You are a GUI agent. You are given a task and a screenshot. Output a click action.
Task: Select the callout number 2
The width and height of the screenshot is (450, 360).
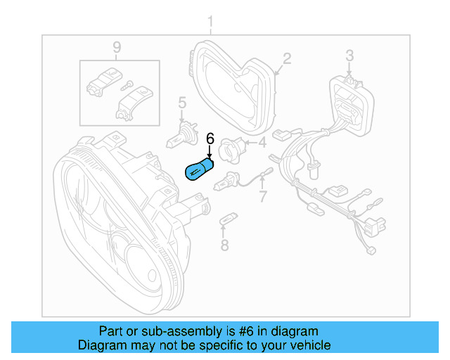[x=287, y=58]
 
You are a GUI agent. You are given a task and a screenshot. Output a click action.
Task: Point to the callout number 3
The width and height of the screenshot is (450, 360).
[x=349, y=55]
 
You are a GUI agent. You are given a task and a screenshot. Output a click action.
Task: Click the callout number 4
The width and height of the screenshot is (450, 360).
[x=262, y=143]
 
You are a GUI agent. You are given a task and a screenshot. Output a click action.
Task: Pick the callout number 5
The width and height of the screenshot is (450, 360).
[x=181, y=103]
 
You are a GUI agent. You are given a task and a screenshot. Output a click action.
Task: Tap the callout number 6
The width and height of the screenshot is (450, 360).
[x=210, y=139]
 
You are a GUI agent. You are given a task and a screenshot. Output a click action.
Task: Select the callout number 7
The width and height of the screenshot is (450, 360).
[x=263, y=195]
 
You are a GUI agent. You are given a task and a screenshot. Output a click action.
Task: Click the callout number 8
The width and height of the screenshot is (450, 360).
[x=224, y=245]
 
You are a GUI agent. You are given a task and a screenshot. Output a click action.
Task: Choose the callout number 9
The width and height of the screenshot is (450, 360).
[x=117, y=47]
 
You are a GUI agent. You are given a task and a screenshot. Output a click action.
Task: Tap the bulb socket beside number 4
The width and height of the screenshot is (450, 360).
[x=233, y=148]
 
